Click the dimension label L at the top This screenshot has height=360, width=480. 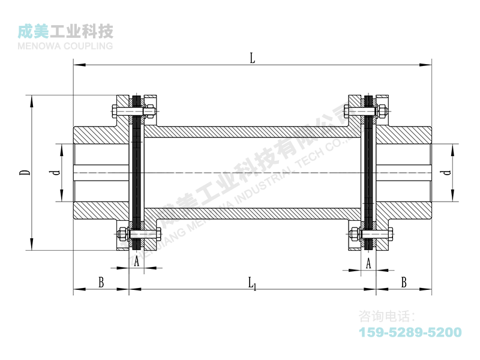(253, 58)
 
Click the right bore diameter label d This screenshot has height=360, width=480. (445, 173)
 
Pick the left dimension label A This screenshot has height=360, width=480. (137, 262)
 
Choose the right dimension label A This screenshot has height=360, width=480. (368, 262)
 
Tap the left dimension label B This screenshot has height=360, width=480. (101, 282)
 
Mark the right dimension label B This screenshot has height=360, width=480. (404, 282)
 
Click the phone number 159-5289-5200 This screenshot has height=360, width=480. (410, 332)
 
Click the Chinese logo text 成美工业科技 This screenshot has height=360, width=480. (66, 31)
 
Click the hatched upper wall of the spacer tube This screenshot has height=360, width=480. (252, 132)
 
